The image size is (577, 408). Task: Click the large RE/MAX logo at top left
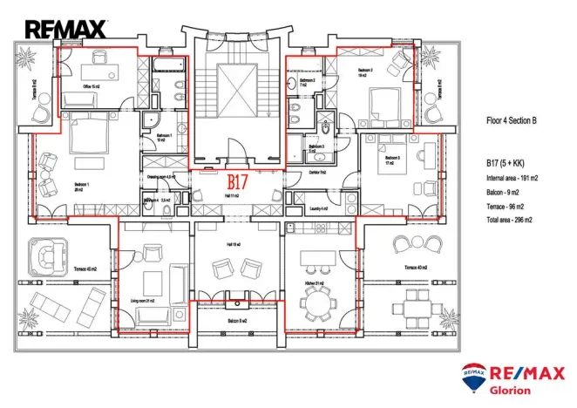pos(65,30)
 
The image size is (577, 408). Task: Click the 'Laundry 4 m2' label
pos(318,209)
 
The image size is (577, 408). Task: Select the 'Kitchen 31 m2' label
pos(315,283)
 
